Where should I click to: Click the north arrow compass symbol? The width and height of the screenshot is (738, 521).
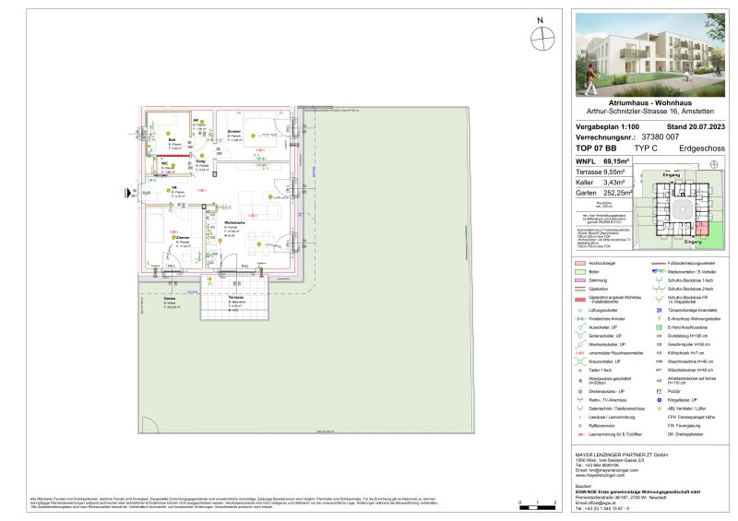pos(544,38)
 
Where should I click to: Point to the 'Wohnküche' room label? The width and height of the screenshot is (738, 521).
pos(233,223)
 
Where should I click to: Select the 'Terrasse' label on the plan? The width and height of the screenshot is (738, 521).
pos(236,299)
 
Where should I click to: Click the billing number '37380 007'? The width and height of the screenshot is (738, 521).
pos(660,136)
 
